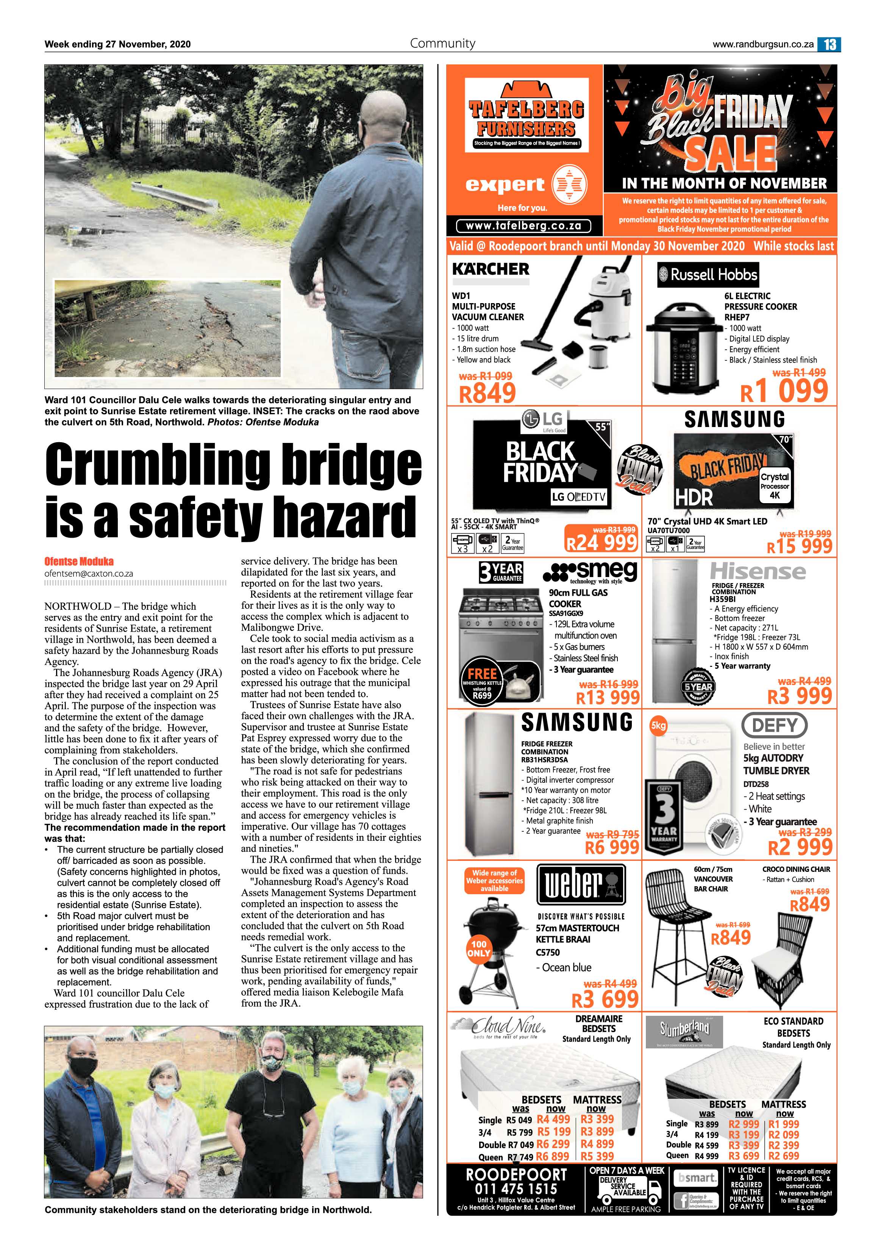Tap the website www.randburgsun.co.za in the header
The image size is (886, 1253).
click(x=763, y=45)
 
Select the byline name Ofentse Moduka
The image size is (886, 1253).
click(x=79, y=562)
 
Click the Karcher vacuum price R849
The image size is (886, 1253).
click(x=487, y=393)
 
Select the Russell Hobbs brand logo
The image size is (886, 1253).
click(x=708, y=274)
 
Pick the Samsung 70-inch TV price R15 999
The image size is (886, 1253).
click(x=799, y=547)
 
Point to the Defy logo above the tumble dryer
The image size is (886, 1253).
click(x=775, y=726)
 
